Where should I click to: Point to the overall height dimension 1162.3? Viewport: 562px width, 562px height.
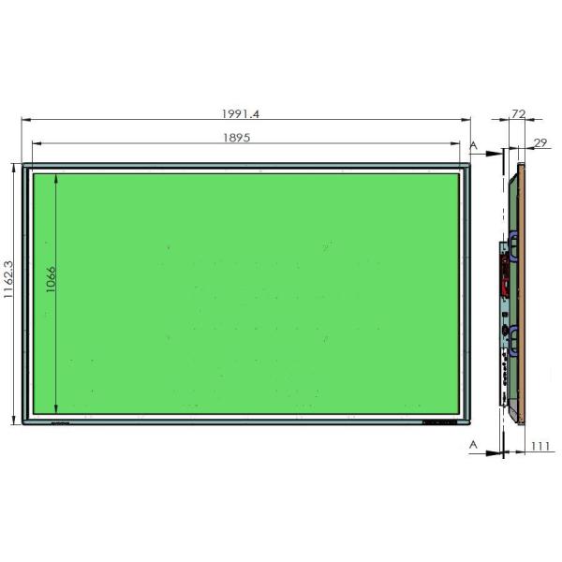[x=9, y=292]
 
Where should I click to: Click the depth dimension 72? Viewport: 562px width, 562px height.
[x=516, y=113]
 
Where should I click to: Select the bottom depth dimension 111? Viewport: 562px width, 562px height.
[x=540, y=447]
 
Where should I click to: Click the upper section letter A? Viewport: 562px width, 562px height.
[x=473, y=146]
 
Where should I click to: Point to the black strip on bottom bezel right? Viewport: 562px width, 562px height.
[x=440, y=421]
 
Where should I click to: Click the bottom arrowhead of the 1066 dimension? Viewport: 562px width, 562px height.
[x=59, y=412]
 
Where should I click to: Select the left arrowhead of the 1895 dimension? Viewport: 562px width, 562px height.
[x=37, y=143]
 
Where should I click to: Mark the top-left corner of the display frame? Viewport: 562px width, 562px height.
[x=24, y=167]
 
